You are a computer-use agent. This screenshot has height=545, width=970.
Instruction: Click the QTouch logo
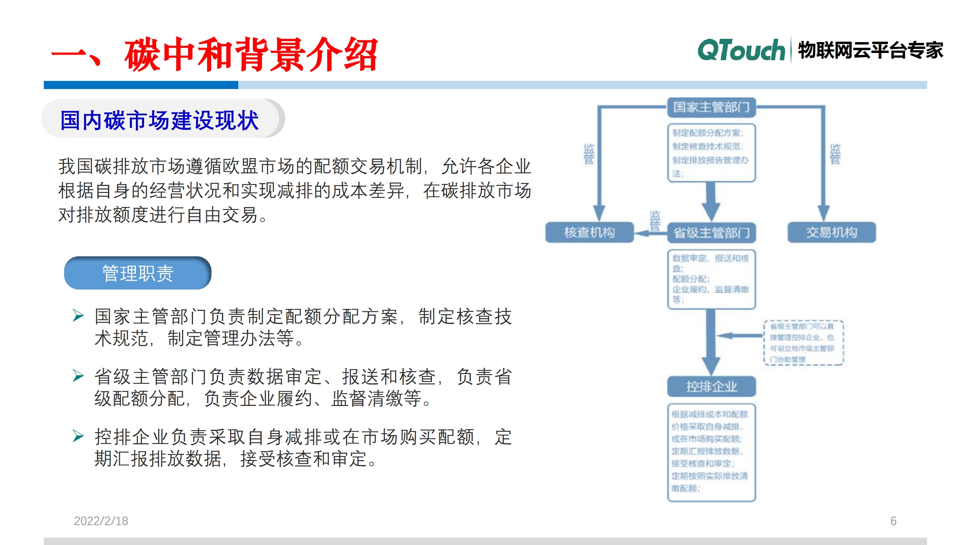coord(741,51)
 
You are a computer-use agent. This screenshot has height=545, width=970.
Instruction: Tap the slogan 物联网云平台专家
coord(870,51)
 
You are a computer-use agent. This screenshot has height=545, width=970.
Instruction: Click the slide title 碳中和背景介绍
coord(251,55)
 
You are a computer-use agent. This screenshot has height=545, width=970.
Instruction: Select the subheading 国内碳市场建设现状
coord(159,120)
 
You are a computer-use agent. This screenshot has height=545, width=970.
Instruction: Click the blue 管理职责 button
coord(138,273)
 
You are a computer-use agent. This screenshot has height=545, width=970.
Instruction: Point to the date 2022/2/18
coord(101,521)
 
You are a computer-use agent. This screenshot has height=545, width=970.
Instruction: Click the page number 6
coord(893,521)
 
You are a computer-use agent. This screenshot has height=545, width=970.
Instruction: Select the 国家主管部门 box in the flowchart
coord(711,108)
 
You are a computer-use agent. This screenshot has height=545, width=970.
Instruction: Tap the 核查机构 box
coord(589,232)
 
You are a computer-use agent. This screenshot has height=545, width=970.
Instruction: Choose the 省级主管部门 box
coord(711,233)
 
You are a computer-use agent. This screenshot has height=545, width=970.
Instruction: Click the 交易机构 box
coord(831,232)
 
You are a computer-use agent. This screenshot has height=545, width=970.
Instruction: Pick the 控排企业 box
coord(711,387)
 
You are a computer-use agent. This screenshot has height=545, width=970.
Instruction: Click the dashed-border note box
coord(803,343)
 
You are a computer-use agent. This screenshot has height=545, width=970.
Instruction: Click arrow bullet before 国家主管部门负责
coord(78,315)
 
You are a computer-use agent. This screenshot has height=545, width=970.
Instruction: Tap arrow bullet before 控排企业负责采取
coord(78,436)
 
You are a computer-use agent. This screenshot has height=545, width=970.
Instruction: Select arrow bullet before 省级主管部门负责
coord(78,376)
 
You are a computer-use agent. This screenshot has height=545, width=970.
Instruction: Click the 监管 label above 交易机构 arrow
coord(835,154)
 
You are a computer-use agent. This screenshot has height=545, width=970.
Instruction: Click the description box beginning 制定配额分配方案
coord(711,153)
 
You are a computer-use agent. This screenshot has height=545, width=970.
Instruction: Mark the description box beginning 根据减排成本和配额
coord(711,452)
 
